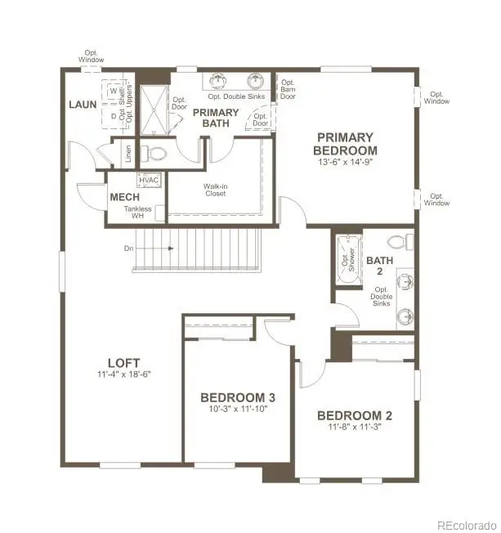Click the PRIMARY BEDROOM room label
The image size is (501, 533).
coord(345,144)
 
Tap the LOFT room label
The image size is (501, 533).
coord(123,363)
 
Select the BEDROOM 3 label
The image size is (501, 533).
coord(238,397)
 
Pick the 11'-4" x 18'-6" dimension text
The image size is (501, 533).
coord(123,374)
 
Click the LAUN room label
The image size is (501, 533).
coord(83,105)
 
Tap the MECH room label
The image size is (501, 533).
coord(123,197)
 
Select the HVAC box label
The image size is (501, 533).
coord(149,179)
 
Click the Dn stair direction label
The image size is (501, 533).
coord(129,248)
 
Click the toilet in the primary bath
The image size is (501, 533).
coord(154,154)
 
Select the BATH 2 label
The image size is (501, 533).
coord(379,266)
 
